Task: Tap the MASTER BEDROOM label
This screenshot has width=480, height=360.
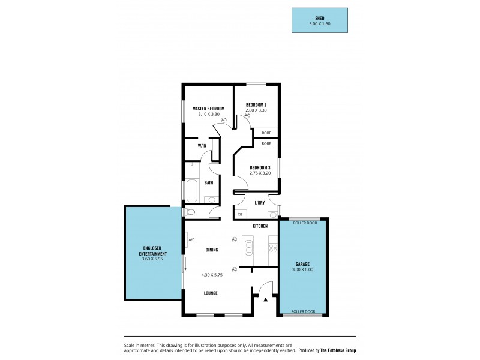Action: tap(208, 109)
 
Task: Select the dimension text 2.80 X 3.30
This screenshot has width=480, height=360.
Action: tap(256, 110)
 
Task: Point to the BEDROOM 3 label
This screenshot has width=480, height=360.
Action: tap(259, 167)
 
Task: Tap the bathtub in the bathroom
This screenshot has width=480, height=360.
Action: tap(192, 191)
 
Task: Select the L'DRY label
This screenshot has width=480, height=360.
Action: tap(260, 203)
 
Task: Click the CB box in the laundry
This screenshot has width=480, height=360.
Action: tap(240, 214)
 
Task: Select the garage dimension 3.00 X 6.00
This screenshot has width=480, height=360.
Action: tap(303, 269)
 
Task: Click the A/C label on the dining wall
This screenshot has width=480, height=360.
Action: tap(191, 240)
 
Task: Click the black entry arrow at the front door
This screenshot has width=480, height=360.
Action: tap(263, 298)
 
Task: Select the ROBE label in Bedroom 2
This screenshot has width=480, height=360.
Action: tap(266, 133)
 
